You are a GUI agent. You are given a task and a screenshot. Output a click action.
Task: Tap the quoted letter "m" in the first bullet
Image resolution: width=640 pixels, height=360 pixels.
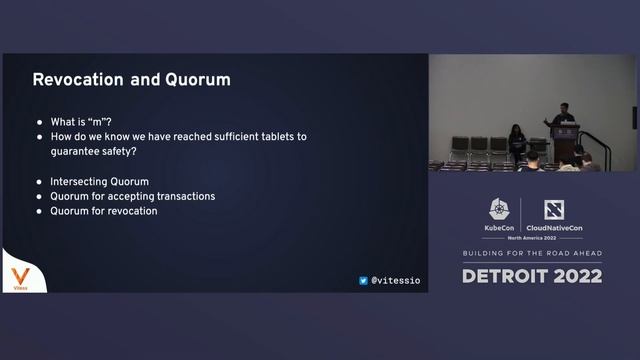pos(102,121)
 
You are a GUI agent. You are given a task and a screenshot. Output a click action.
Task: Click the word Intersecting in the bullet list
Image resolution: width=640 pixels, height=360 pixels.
pos(81,182)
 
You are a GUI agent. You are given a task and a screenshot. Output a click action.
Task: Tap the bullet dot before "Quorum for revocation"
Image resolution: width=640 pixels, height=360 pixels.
pos(39,211)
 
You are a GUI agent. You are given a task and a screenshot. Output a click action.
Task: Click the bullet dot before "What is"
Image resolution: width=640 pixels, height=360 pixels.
pos(39,121)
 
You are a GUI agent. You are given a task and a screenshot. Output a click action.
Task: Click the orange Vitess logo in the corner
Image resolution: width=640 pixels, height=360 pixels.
pos(19,276)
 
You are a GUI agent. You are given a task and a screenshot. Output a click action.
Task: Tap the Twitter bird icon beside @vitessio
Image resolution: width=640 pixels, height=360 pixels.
pos(363,281)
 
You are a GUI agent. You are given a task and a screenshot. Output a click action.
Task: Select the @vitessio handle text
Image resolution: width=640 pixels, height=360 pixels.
pos(396,281)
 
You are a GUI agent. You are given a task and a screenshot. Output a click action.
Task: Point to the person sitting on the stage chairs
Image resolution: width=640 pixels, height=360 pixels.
pos(516,141)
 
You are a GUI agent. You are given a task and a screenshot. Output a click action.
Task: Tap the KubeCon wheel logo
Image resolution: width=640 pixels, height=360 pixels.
pos(499,209)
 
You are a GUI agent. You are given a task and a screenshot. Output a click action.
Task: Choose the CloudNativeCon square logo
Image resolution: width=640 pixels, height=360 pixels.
pos(554,210)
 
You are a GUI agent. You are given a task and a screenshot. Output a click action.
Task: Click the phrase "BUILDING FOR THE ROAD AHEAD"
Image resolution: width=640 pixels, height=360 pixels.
pos(532,254)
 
